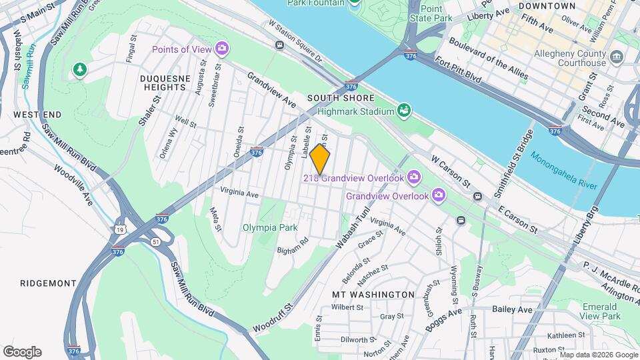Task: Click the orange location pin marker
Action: (320, 159)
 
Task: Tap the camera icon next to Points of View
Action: (222, 49)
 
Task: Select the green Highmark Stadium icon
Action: (403, 111)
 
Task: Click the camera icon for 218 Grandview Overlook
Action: (414, 177)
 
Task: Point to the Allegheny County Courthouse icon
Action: (617, 57)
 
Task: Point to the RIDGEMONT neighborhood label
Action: (48, 283)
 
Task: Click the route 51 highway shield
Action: (155, 240)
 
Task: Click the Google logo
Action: (22, 351)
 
